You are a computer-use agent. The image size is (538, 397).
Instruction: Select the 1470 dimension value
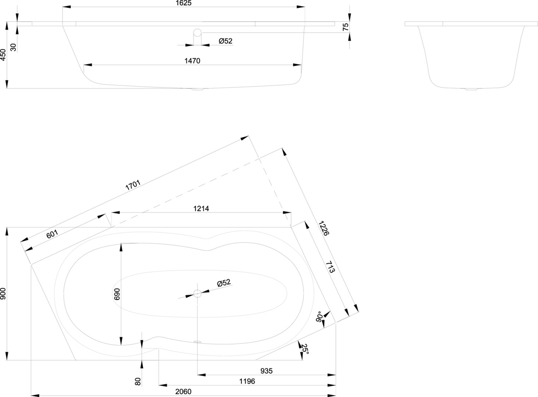tap(192, 61)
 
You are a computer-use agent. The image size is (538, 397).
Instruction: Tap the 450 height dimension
tap(3, 55)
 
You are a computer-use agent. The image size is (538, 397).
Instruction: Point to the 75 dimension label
tap(345, 27)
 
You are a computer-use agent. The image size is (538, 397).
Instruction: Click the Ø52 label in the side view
tap(225, 41)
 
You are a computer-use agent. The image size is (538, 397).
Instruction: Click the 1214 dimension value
tap(201, 208)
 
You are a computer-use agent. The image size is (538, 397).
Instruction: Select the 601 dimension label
tap(52, 233)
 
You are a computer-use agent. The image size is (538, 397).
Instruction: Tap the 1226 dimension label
tap(324, 228)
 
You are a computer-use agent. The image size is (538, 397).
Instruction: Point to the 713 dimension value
tap(330, 268)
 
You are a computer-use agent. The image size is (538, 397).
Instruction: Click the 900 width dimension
tap(3, 293)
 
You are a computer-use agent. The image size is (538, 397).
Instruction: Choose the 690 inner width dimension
tap(117, 294)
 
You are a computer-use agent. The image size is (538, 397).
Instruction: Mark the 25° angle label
tap(305, 348)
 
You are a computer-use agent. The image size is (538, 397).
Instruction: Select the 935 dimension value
tap(266, 371)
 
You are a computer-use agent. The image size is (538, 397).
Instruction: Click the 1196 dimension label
tap(247, 381)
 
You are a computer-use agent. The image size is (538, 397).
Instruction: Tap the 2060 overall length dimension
tap(183, 391)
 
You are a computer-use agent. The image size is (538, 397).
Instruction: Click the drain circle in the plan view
tap(198, 293)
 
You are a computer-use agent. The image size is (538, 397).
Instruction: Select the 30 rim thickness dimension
tap(13, 47)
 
